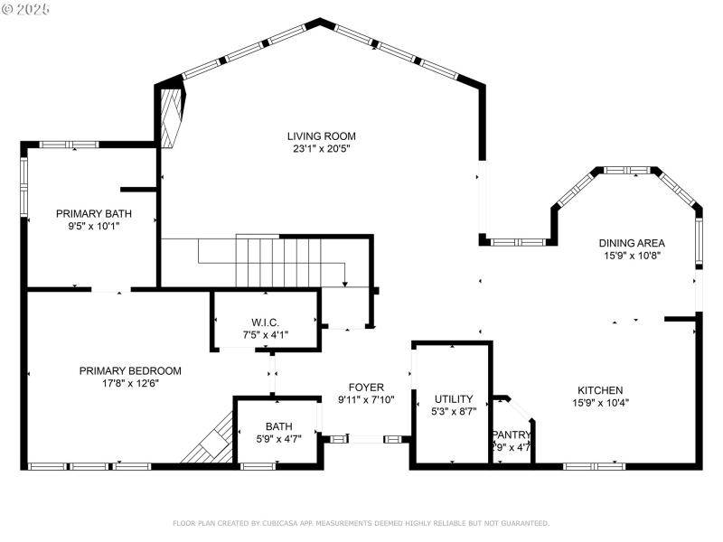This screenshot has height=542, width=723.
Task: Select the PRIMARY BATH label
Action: [93, 214]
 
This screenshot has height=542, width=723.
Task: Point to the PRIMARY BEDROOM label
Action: [130, 370]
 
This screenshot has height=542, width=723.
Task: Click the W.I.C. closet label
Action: [265, 322]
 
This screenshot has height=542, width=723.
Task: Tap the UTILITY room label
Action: [454, 398]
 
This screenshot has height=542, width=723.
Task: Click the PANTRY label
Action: [512, 435]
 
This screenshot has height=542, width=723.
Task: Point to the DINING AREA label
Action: [633, 243]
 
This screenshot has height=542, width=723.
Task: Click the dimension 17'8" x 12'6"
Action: [130, 383]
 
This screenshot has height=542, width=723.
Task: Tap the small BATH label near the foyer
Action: [278, 426]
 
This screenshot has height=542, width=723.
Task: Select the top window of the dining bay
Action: [628, 169]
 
